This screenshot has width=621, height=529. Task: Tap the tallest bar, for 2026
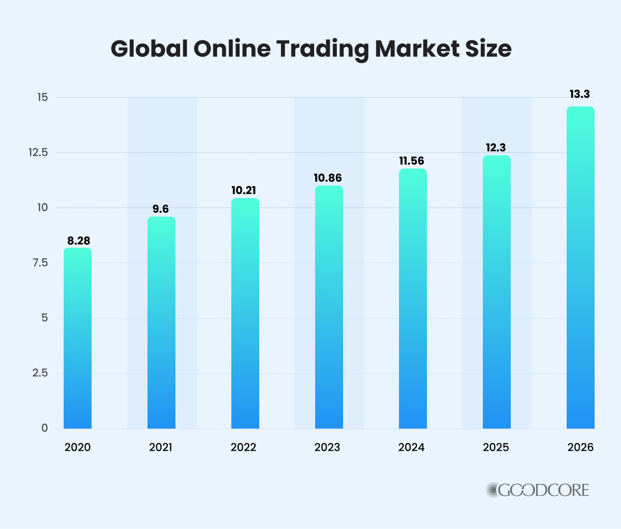(580, 268)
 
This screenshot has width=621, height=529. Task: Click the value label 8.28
(78, 241)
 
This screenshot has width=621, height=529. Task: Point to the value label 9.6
(161, 209)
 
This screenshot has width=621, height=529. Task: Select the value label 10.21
(245, 190)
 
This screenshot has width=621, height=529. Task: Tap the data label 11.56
(412, 161)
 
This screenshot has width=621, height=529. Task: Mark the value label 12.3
(496, 148)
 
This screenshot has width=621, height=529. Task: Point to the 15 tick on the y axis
(42, 97)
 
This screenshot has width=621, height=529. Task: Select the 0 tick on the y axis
(45, 428)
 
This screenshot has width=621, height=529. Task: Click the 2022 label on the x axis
(244, 447)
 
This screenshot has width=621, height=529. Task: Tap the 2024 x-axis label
(411, 447)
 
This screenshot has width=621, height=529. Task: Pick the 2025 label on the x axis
(496, 447)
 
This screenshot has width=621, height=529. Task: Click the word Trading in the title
(322, 50)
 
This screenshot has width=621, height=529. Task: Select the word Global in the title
(149, 50)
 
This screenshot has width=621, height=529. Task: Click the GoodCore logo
(538, 490)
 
